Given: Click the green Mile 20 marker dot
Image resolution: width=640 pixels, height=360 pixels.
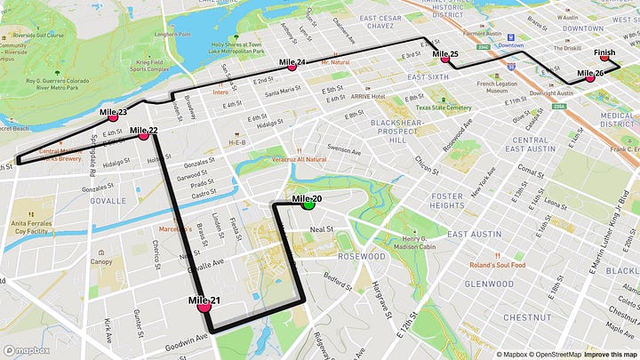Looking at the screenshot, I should coord(309,204).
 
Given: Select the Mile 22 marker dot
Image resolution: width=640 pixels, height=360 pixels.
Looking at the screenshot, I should coord(143,136).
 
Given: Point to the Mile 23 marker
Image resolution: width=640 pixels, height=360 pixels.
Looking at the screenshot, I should coord(113,117).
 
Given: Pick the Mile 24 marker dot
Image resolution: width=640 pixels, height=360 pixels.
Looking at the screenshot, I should coord(291,67).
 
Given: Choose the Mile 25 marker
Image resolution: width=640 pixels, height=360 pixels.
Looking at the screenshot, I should coord(444,60).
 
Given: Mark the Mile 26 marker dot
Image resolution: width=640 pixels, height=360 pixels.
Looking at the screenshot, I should coord(589,78).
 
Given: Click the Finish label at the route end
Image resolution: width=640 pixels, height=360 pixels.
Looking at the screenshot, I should coord(604,53).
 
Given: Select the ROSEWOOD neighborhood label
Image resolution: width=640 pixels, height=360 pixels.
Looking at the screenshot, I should coord(360,256).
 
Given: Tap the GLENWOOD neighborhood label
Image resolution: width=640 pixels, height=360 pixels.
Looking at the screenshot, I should coord(489,284).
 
